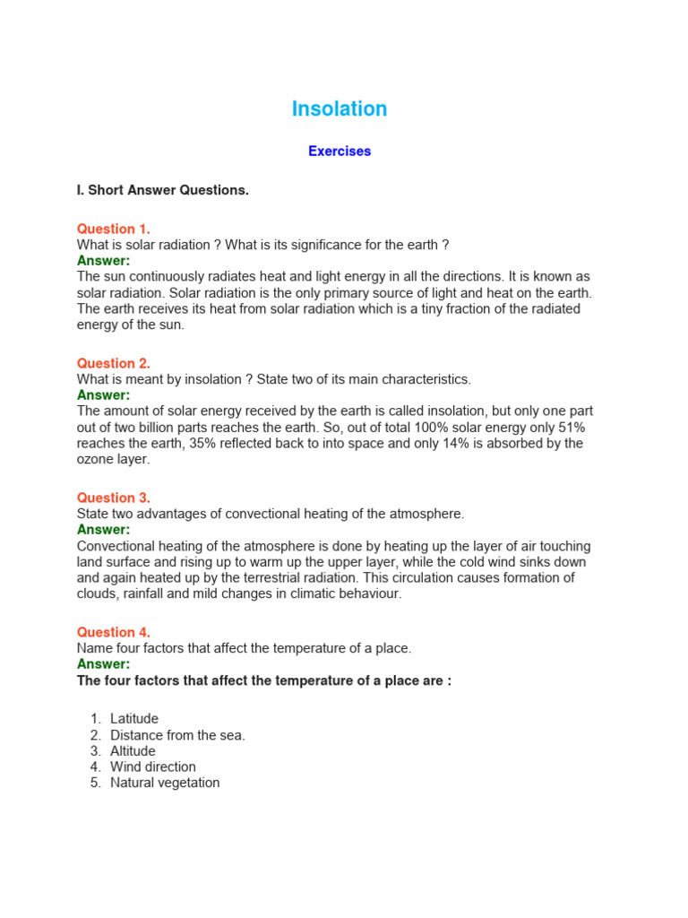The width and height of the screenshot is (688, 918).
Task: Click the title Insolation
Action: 340,109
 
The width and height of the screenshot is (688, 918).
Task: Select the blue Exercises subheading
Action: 340,152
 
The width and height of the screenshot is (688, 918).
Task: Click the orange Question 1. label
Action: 114,229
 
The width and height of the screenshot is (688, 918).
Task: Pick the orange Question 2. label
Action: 114,363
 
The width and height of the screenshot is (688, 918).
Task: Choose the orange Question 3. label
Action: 114,498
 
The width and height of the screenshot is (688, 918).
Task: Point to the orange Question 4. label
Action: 114,632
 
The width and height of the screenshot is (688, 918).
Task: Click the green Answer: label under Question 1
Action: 104,261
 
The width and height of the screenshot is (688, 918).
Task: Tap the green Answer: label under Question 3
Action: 104,530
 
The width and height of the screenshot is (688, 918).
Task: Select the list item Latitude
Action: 134,719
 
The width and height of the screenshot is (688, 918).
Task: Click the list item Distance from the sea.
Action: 177,735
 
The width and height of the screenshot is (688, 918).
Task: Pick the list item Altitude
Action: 133,751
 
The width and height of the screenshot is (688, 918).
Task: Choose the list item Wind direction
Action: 153,767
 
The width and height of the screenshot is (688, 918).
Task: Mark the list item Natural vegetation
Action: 165,784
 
